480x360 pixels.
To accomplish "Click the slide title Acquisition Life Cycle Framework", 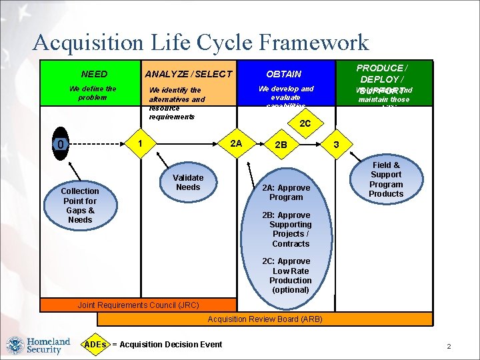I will tap(200, 43).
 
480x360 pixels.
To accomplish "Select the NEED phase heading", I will tap(94, 74).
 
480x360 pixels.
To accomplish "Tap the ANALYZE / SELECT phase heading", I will tap(189, 74).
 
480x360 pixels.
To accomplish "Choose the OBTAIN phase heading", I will tap(284, 74).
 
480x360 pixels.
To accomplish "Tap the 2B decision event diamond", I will tap(281, 145).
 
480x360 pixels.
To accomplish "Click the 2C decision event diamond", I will tap(305, 123).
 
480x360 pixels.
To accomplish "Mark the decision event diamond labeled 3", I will tap(337, 145).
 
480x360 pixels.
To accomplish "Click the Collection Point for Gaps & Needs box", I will tap(80, 205).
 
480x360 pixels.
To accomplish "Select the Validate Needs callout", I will tap(188, 183).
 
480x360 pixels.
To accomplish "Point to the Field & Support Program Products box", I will tap(386, 179).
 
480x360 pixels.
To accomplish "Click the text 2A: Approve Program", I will tap(286, 193).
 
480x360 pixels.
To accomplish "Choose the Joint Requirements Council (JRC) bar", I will tap(139, 305).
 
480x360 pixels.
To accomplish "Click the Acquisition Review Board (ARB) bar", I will tap(265, 319).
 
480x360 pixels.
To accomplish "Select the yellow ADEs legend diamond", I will tap(96, 344).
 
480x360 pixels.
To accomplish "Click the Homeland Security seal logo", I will tap(15, 345).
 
